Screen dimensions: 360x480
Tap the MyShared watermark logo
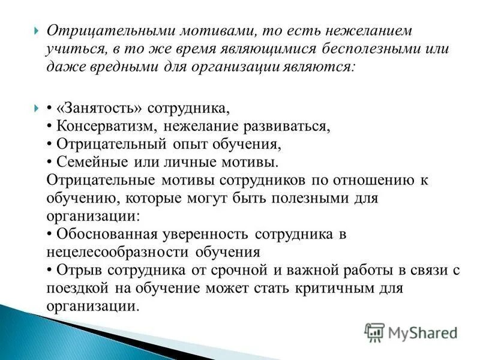[x=411, y=332]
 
